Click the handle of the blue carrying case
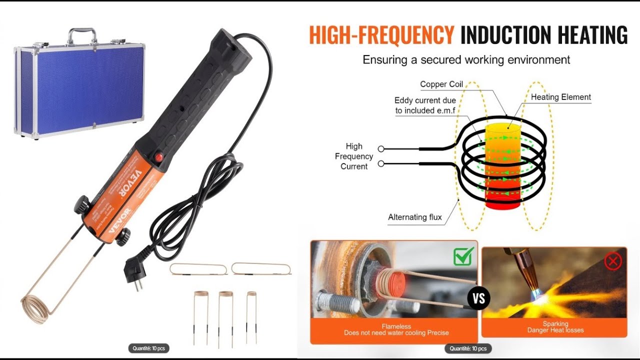tap(82, 34)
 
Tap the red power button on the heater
tap(159, 157)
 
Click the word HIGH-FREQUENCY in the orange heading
tap(381, 35)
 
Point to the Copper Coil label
tap(441, 84)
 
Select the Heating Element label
tap(560, 97)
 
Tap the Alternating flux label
tap(415, 217)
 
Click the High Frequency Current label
tap(354, 156)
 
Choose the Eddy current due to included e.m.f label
tap(425, 105)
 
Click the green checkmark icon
tap(463, 256)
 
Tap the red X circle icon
tap(613, 260)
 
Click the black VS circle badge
tap(478, 298)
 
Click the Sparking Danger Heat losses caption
tap(555, 327)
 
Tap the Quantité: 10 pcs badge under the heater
tap(148, 348)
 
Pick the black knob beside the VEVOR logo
tap(82, 205)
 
